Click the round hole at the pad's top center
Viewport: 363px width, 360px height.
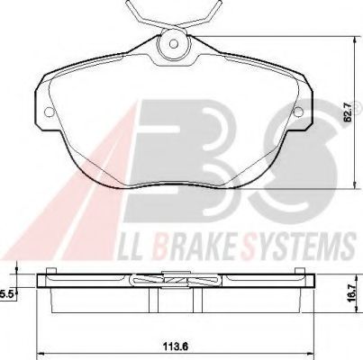[171, 42]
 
